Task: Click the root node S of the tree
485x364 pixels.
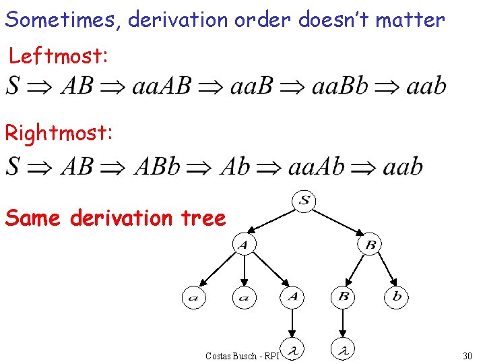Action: pyautogui.click(x=305, y=200)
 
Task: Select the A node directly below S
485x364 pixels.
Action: pyautogui.click(x=244, y=245)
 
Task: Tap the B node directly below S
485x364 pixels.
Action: pyautogui.click(x=370, y=245)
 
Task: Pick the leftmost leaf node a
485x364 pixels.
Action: pyautogui.click(x=193, y=297)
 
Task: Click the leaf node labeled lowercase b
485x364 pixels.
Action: pyautogui.click(x=397, y=297)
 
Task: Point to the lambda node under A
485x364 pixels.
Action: pyautogui.click(x=293, y=349)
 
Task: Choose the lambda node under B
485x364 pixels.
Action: pyautogui.click(x=344, y=349)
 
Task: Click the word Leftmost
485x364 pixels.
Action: pyautogui.click(x=58, y=57)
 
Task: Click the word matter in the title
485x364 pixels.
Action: pyautogui.click(x=410, y=20)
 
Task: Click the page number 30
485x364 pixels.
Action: pyautogui.click(x=467, y=355)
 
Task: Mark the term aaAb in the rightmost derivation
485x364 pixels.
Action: pyautogui.click(x=317, y=166)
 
